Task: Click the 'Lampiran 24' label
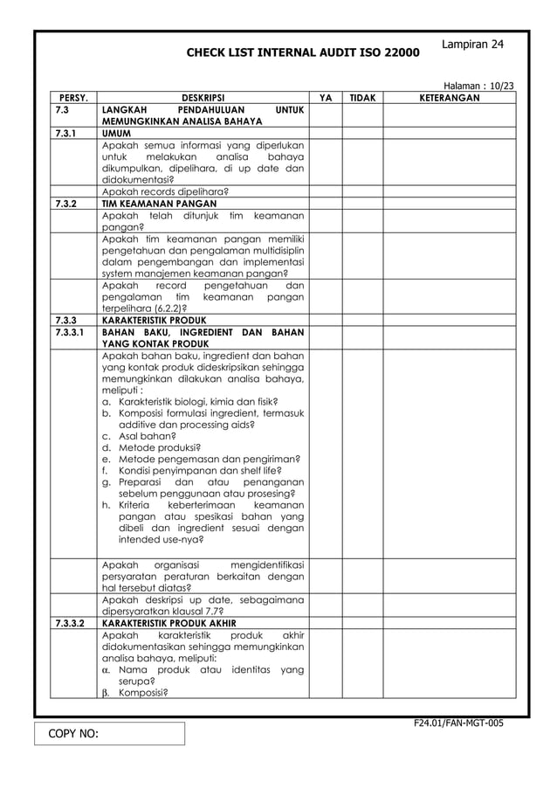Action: point(472,44)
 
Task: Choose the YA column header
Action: point(325,99)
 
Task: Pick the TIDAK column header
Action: point(362,99)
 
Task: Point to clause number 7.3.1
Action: point(65,134)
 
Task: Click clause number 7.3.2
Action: point(65,204)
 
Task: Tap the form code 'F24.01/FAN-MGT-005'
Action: point(459,723)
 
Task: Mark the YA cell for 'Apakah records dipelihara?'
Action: point(325,191)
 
